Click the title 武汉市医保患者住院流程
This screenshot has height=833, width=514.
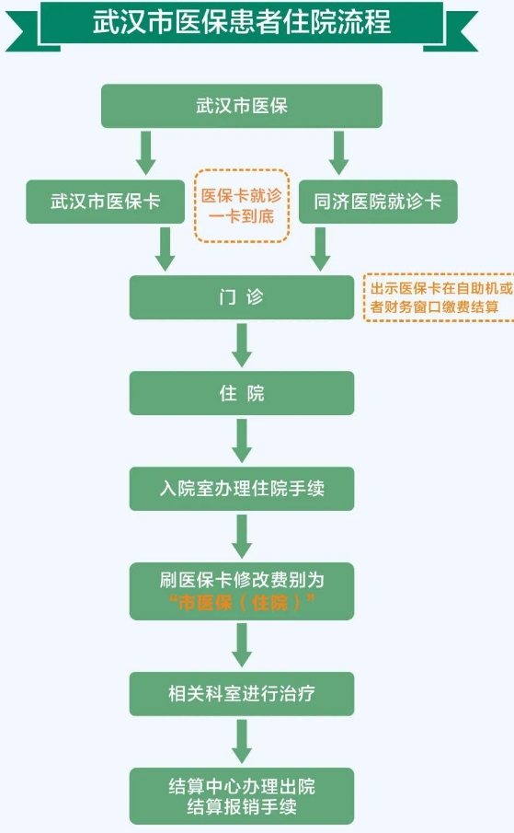242,22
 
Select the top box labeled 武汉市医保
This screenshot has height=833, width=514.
242,106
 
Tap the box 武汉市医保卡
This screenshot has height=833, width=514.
106,202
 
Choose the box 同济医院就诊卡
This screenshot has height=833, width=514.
378,202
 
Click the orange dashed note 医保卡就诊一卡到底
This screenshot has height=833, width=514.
242,205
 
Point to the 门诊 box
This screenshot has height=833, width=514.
242,297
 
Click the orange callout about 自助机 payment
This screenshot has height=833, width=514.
440,297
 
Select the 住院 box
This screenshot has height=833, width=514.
242,393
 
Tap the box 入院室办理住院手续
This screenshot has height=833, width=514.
242,489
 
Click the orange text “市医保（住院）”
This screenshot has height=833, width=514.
242,603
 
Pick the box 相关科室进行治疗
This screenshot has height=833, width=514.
242,694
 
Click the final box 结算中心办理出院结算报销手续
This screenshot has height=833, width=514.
242,796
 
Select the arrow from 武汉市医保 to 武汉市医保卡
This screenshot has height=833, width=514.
145,153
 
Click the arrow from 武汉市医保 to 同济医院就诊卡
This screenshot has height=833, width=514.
338,153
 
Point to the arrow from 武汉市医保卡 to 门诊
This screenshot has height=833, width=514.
165,249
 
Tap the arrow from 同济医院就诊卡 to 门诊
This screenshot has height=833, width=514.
320,249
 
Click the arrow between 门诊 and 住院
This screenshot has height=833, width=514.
242,345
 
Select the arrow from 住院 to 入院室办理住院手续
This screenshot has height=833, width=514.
242,441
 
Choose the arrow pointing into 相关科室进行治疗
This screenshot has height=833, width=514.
242,645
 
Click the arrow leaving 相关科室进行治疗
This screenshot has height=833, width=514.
242,742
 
